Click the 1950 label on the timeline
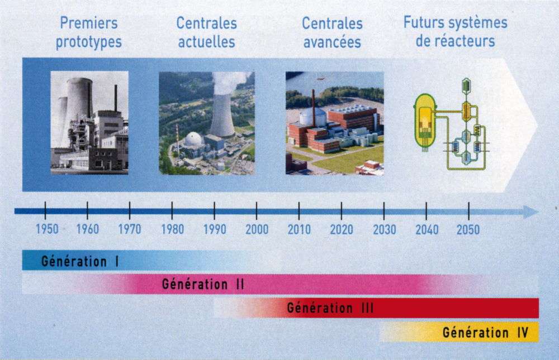47,229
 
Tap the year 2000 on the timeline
257,229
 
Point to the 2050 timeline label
468,229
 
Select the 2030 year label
385,229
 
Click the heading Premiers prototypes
88,32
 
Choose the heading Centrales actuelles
206,32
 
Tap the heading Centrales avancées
332,33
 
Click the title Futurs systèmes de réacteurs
455,32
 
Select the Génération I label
80,261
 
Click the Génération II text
203,284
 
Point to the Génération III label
330,308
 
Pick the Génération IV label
485,333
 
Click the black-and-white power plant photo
89,122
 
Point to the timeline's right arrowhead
531,212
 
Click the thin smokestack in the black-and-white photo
116,98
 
